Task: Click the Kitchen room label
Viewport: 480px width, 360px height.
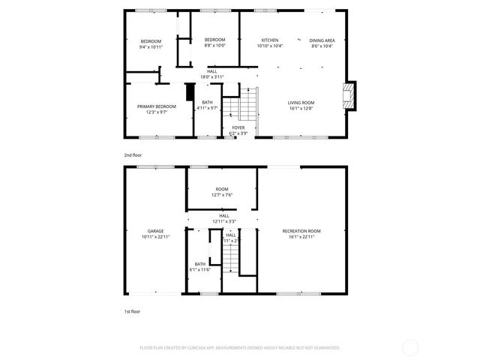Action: pyautogui.click(x=270, y=40)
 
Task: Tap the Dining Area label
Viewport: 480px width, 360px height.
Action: pyautogui.click(x=322, y=40)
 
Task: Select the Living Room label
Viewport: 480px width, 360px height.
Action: pyautogui.click(x=301, y=102)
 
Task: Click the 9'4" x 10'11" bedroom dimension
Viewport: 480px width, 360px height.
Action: pyautogui.click(x=151, y=46)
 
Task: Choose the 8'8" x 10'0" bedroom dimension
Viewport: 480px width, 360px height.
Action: pyautogui.click(x=215, y=46)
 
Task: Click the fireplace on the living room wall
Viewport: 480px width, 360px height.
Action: pyautogui.click(x=348, y=97)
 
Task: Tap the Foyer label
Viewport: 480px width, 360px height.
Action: pyautogui.click(x=238, y=127)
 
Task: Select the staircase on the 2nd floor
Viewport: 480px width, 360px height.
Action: pyautogui.click(x=247, y=104)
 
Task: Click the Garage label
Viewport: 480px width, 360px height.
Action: pyautogui.click(x=155, y=230)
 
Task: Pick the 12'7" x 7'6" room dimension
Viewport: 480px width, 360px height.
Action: pyautogui.click(x=222, y=195)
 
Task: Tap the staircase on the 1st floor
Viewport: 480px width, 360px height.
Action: pyautogui.click(x=232, y=259)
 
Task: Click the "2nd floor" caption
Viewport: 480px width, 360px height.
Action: pyautogui.click(x=133, y=154)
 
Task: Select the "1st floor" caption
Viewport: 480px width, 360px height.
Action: pyautogui.click(x=132, y=310)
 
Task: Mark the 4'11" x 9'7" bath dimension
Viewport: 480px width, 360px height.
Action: pyautogui.click(x=207, y=108)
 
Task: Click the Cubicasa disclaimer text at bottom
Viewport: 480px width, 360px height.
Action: pyautogui.click(x=240, y=347)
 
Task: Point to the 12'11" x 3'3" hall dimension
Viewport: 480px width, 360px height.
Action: pyautogui.click(x=223, y=221)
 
